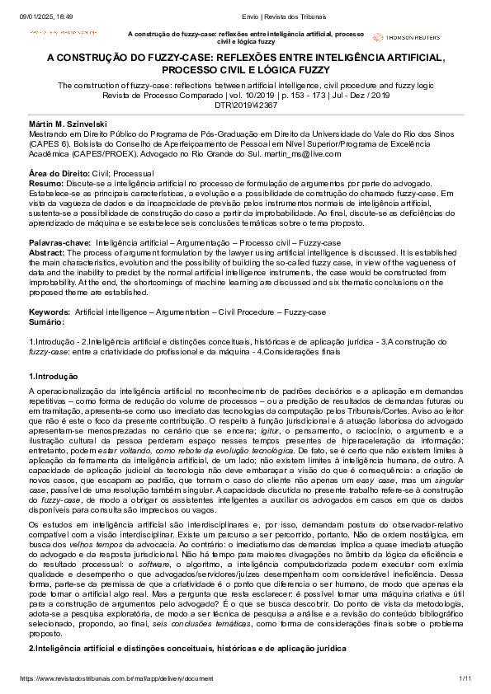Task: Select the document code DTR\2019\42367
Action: coord(244,106)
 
